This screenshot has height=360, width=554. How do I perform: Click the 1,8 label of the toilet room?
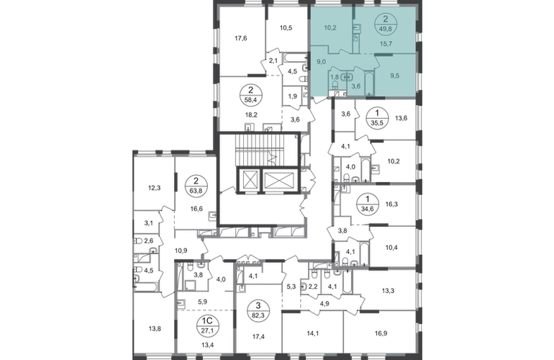coord(335,76)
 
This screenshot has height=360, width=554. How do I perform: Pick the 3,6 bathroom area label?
coord(355,86)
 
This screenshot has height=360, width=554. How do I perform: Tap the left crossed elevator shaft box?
coord(248,180)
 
